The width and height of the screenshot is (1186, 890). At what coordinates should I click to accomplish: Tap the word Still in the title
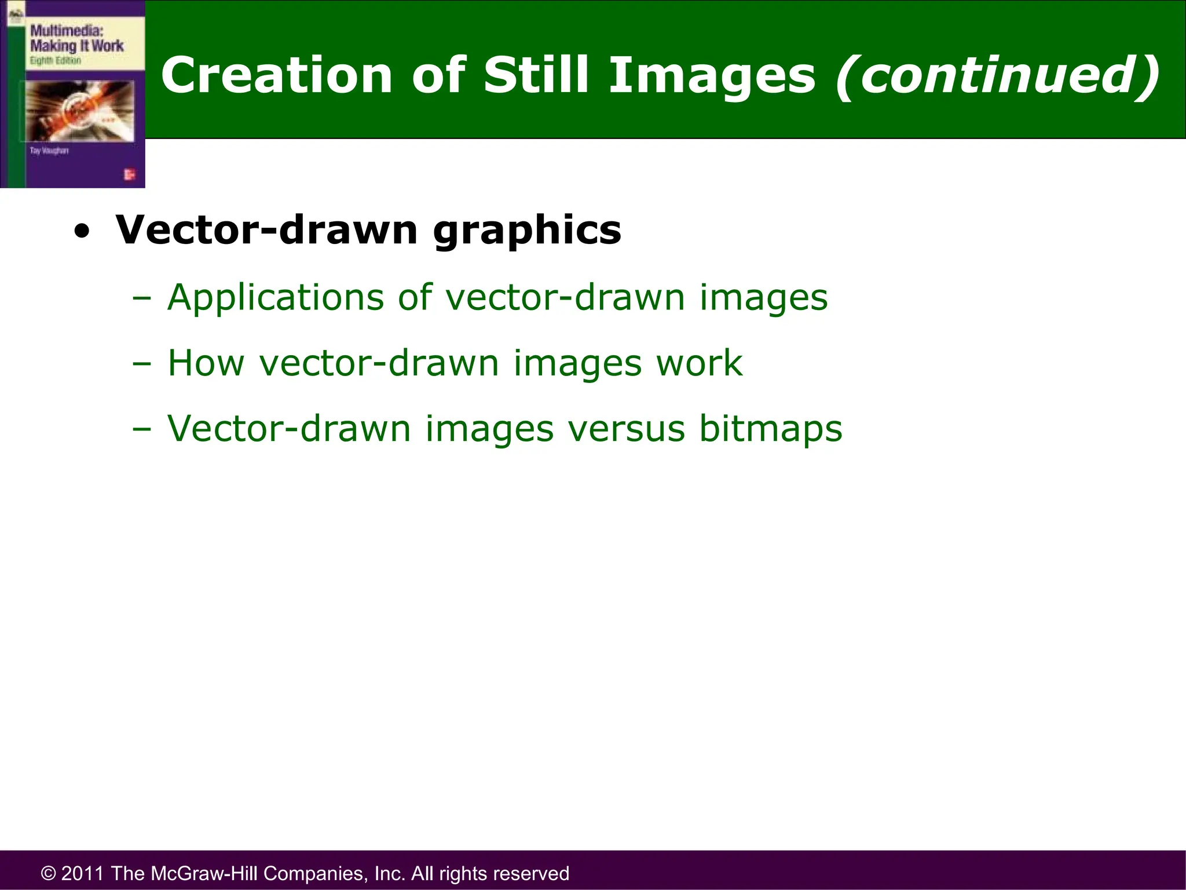(536, 75)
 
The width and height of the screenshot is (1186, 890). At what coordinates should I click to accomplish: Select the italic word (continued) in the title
(997, 75)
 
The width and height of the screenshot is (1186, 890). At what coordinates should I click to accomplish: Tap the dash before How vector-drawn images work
(141, 364)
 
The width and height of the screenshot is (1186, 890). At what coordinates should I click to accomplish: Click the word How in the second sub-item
(206, 363)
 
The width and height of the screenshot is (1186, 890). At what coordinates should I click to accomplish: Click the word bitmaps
(770, 429)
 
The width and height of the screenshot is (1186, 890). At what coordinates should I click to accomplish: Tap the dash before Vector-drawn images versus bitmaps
(141, 430)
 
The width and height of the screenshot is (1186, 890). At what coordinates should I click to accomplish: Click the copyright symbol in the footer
(49, 873)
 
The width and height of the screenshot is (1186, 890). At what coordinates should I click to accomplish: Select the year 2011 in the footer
(83, 873)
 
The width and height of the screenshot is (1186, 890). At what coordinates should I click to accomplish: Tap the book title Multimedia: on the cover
(66, 31)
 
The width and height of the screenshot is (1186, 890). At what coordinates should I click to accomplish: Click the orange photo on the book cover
(79, 110)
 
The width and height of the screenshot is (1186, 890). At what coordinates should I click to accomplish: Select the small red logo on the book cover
(129, 174)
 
